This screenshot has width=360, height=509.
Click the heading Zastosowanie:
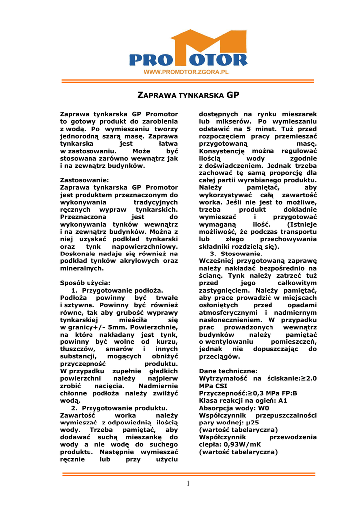[84, 180]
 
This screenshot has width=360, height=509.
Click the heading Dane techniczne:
[228, 371]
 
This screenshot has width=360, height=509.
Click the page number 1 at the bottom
[188, 484]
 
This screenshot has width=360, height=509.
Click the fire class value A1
[282, 400]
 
